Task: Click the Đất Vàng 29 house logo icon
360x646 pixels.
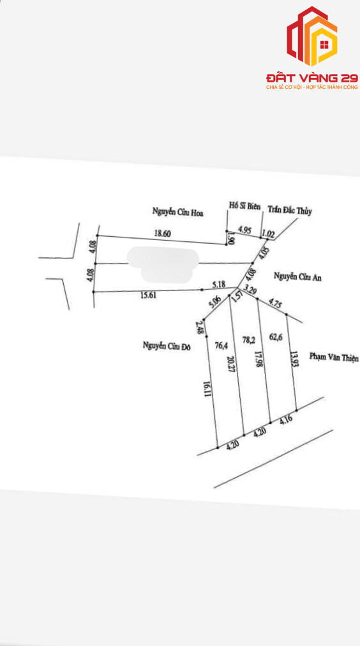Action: click(x=311, y=36)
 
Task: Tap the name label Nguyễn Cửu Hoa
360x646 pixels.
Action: click(x=178, y=213)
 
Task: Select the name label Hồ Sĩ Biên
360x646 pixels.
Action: click(x=244, y=206)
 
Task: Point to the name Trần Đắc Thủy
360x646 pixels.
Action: click(x=290, y=211)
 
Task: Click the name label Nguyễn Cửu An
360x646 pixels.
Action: click(x=297, y=277)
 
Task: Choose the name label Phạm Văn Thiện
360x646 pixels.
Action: click(x=334, y=358)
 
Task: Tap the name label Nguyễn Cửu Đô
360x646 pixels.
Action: click(x=166, y=346)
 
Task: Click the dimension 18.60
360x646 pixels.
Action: click(x=162, y=233)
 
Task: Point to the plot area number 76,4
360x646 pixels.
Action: click(x=221, y=346)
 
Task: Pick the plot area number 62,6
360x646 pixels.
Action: click(x=276, y=336)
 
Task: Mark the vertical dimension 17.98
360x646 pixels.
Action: click(x=259, y=359)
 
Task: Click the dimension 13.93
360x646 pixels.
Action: click(x=293, y=359)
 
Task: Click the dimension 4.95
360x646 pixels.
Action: click(x=246, y=230)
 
